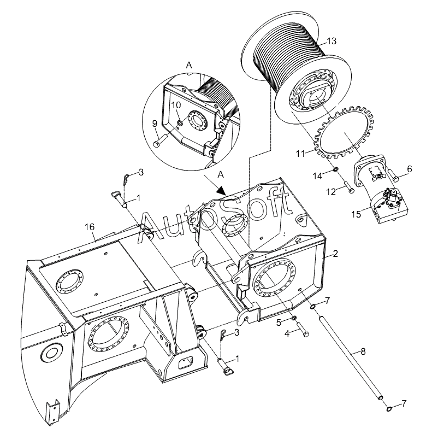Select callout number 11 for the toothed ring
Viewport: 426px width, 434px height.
coord(300,155)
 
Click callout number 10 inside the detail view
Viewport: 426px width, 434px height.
coord(176,104)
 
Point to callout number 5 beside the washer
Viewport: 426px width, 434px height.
coord(279,322)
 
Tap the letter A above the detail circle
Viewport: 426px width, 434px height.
coord(189,64)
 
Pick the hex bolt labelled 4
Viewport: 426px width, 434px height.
coord(303,331)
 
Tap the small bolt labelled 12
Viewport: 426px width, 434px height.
coord(349,190)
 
